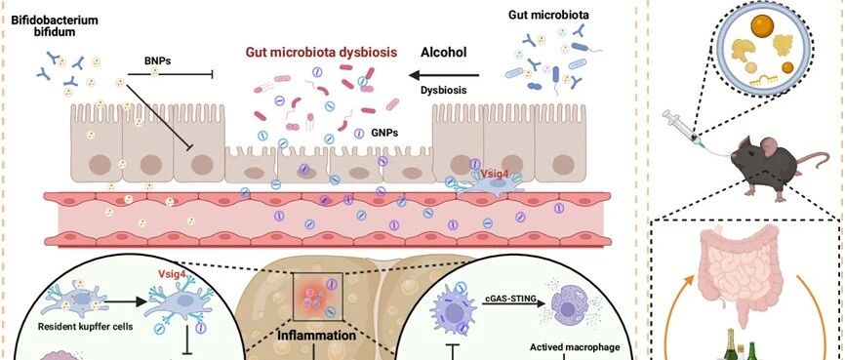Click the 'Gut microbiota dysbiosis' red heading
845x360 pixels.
[322, 53]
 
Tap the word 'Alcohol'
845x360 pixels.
[444, 53]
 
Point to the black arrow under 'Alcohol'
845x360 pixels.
[444, 75]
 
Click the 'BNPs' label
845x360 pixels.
[158, 60]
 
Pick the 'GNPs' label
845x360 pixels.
[384, 132]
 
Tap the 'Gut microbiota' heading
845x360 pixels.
[548, 15]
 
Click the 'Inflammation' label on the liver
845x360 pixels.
[316, 336]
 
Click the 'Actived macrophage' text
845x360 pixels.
[575, 346]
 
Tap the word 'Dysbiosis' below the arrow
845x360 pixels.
[444, 90]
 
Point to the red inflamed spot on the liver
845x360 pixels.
[316, 296]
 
